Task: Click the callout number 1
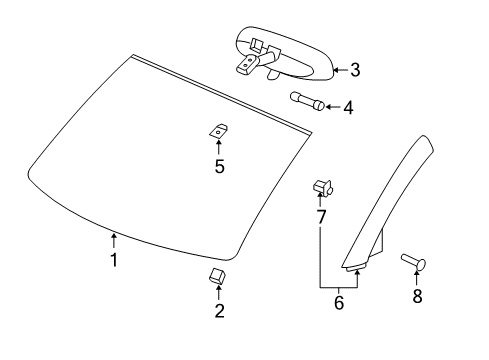coord(114,260)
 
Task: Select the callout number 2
coord(220,311)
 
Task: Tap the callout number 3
coord(354,70)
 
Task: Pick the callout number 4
coord(348,106)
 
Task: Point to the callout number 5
coord(219,166)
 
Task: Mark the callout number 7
coord(321,216)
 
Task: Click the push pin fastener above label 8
coord(415,262)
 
